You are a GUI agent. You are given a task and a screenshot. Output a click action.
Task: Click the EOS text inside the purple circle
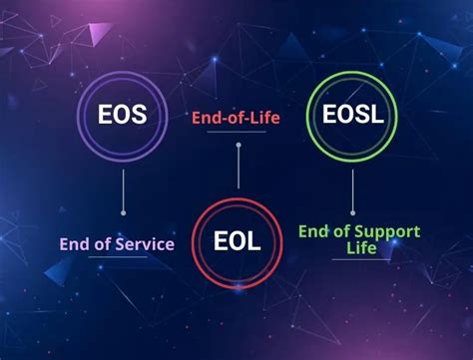pyautogui.click(x=122, y=115)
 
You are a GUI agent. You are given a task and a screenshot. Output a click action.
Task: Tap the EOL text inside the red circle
pyautogui.click(x=237, y=240)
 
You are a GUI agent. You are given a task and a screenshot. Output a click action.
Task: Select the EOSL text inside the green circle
pyautogui.click(x=353, y=115)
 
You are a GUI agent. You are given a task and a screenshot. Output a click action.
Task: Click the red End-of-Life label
pyautogui.click(x=236, y=119)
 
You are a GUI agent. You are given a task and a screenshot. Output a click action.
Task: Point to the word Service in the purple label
pyautogui.click(x=144, y=243)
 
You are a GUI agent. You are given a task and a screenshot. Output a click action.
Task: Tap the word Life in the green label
pyautogui.click(x=360, y=247)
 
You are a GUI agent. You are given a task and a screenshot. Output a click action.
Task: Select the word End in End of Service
pyautogui.click(x=75, y=243)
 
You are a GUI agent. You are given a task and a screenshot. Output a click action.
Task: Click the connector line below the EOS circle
pyautogui.click(x=122, y=189)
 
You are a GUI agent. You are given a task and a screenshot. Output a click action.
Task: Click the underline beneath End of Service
pyautogui.click(x=119, y=257)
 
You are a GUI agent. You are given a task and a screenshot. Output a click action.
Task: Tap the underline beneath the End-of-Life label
pyautogui.click(x=237, y=133)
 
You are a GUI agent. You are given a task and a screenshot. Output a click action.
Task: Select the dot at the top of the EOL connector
pyautogui.click(x=237, y=146)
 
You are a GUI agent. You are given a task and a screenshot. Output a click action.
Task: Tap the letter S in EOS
pyautogui.click(x=139, y=115)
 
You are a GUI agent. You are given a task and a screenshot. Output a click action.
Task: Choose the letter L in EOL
pyautogui.click(x=255, y=240)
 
